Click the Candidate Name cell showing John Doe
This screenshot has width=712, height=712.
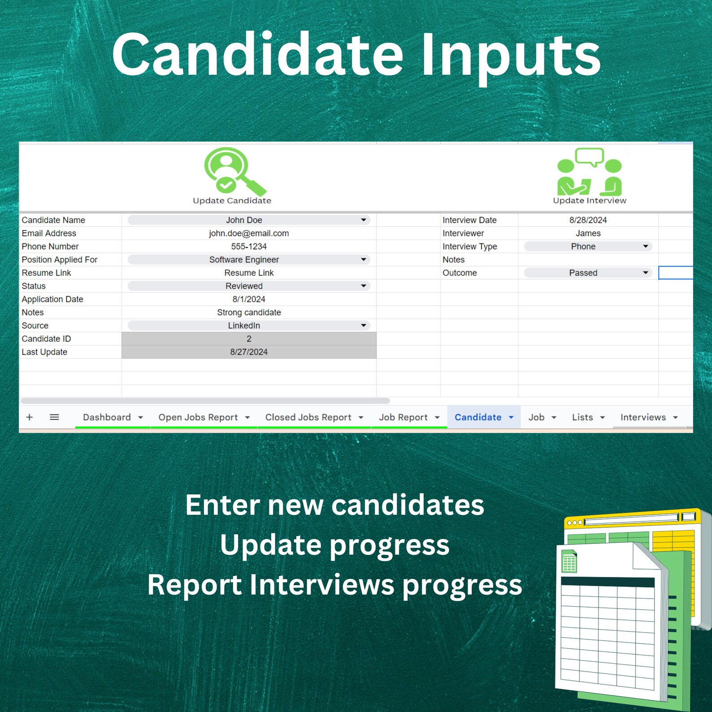tap(244, 220)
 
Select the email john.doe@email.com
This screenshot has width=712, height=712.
tap(249, 233)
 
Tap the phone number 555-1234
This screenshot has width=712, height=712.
tap(249, 247)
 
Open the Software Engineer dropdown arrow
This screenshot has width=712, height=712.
tap(364, 260)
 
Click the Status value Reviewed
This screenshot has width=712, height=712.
tap(244, 286)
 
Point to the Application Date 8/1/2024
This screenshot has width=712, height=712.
tap(249, 299)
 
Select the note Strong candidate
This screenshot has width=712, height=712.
tap(249, 313)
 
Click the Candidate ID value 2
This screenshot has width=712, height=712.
tap(249, 339)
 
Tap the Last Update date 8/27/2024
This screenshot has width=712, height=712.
tap(249, 352)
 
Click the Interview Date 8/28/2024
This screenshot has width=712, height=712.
tap(588, 220)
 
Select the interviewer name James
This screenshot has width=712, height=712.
tap(588, 233)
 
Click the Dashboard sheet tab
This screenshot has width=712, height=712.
tap(107, 417)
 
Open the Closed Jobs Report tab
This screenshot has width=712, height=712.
tap(308, 417)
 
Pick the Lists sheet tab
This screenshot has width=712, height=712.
tap(582, 417)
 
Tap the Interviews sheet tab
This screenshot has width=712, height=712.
tap(643, 417)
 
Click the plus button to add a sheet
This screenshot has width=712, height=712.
tap(30, 417)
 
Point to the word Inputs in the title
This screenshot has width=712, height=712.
tap(511, 56)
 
